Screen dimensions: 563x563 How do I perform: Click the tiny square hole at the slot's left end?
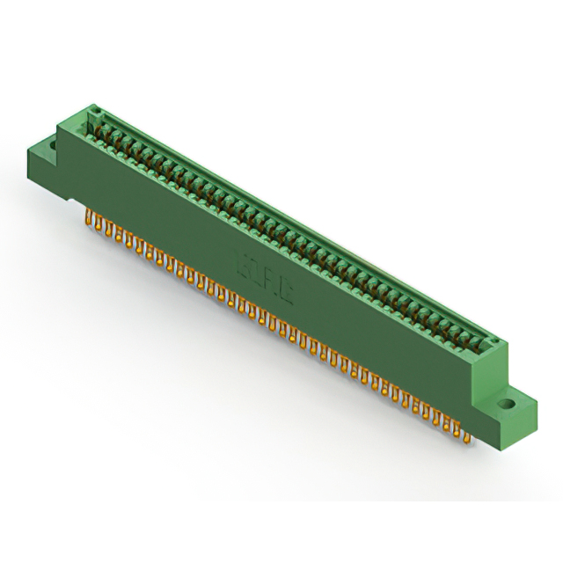pyautogui.click(x=95, y=113)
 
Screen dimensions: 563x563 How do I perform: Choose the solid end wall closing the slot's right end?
pyautogui.click(x=491, y=347)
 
